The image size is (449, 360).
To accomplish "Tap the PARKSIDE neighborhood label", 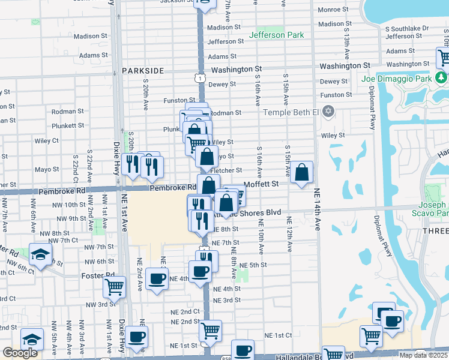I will tap(143, 71).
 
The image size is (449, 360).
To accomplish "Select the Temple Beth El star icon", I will tap(328, 112).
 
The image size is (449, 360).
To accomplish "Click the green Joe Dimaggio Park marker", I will tap(441, 78).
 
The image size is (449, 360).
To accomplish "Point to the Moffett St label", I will tap(262, 184).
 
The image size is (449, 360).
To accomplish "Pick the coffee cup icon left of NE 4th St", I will tap(157, 278).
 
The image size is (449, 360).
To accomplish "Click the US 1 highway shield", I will tap(200, 77).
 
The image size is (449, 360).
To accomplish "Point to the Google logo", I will tap(20, 353).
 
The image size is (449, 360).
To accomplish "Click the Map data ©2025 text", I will tap(423, 355).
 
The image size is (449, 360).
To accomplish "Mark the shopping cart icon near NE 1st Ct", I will tap(210, 329).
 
